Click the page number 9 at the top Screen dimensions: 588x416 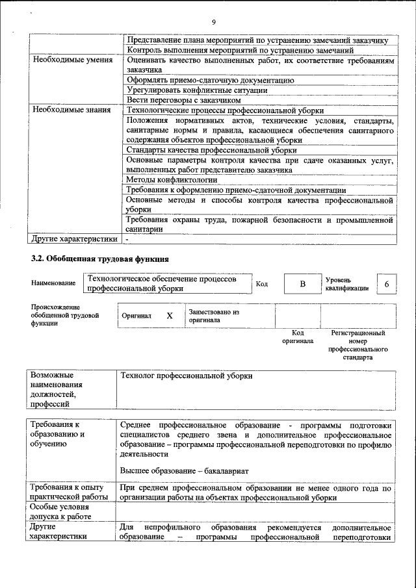coord(213,23)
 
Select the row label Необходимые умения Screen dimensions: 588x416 coord(71,60)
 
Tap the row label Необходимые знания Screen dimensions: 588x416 coord(71,110)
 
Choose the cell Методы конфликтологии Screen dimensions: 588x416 coord(172,179)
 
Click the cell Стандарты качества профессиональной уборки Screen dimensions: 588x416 coord(211,150)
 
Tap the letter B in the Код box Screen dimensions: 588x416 coord(302,285)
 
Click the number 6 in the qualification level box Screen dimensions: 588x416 coord(387,285)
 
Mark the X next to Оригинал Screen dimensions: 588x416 coord(170,316)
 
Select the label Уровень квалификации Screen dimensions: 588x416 coord(347,284)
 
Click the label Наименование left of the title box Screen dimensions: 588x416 coord(53,284)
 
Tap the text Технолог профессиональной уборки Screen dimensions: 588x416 coord(187,376)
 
